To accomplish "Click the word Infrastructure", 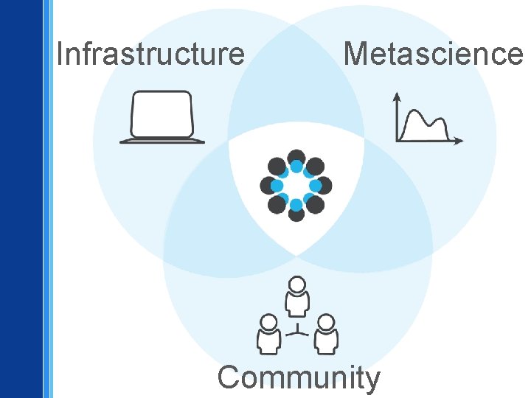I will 150,54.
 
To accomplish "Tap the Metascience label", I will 432,54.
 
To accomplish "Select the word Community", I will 299,377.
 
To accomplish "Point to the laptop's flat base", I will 162,140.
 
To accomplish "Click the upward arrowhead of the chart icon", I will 398,96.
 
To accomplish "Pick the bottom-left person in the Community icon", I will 269,334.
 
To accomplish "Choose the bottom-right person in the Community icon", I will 325,334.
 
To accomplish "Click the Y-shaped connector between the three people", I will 297,331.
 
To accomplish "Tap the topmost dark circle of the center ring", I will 296,157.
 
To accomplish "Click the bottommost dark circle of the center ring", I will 296,214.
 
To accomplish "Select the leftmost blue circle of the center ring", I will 277,186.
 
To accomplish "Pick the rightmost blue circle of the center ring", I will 316,186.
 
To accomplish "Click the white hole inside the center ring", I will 296,186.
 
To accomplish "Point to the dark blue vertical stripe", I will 21,199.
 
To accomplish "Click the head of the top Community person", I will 296,284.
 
